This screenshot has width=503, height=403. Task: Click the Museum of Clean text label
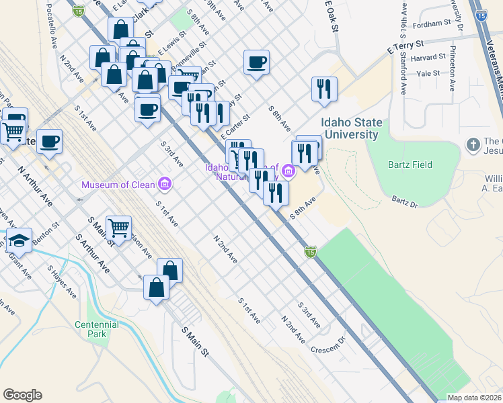[119, 184]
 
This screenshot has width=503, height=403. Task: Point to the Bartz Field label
[410, 165]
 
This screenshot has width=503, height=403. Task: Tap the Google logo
[22, 395]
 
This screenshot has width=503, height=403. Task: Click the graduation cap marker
[19, 240]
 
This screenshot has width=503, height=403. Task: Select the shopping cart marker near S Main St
[118, 228]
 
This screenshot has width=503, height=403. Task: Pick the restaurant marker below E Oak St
[324, 88]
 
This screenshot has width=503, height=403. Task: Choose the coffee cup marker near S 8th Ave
[256, 62]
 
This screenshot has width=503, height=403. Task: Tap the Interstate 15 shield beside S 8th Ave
[310, 251]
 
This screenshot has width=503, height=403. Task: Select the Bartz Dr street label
[405, 202]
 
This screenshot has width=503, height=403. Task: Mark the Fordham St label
[432, 23]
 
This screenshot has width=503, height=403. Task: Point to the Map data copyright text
[473, 398]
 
